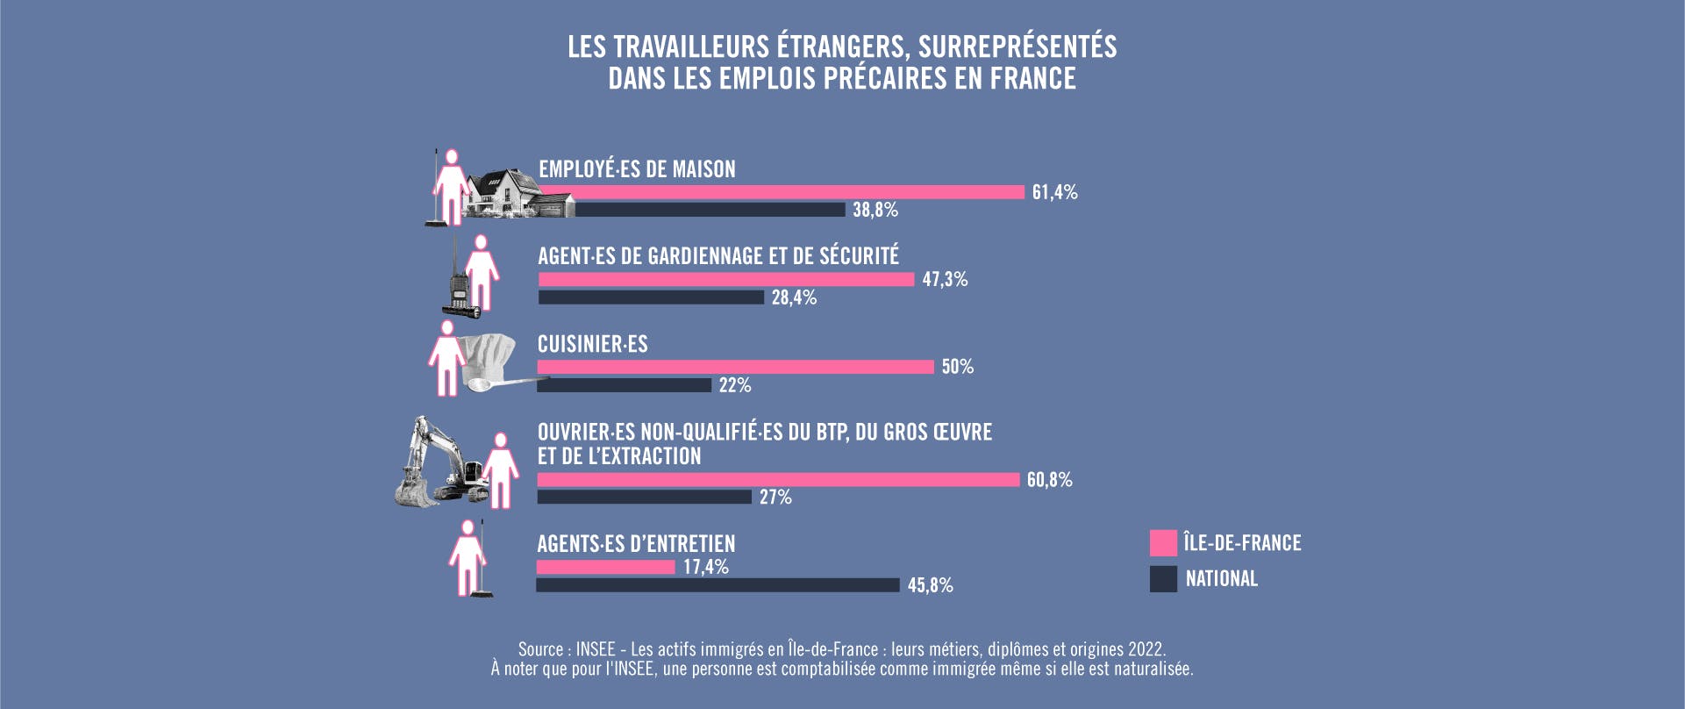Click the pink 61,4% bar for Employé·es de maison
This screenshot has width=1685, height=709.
point(781,192)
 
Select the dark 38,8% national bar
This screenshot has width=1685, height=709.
point(710,210)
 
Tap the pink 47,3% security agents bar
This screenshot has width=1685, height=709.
point(726,279)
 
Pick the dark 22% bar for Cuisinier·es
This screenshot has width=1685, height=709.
point(625,385)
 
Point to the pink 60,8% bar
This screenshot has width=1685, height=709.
point(778,480)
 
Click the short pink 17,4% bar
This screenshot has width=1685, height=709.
point(606,568)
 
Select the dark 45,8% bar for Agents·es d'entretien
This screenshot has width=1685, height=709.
point(718,585)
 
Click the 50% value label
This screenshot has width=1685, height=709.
point(958,367)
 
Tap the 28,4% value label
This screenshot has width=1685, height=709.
point(794,297)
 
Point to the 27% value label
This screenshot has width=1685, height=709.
point(775,498)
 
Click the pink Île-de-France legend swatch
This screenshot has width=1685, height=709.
point(1163,543)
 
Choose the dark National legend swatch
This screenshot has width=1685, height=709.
point(1163,579)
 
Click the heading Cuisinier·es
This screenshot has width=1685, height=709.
point(592,344)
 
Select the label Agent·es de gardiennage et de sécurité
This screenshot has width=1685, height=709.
point(718,256)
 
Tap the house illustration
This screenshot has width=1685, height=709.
point(509,193)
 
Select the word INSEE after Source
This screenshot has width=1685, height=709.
point(596,649)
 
